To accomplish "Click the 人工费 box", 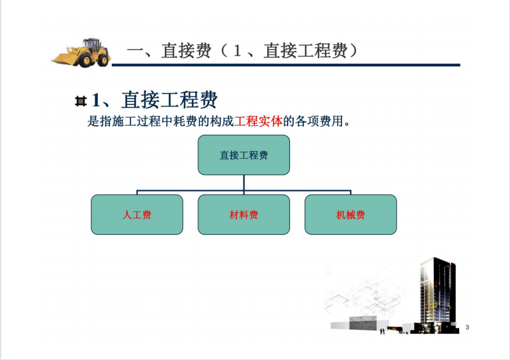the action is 137,214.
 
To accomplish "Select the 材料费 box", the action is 244,214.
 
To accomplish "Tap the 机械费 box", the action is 350,214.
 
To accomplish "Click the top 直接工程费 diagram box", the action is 244,155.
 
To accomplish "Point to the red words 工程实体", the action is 258,121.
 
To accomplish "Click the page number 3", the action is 467,327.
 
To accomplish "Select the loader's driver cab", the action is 91,45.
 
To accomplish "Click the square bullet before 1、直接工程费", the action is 80,101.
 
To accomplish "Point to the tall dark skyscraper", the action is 437,294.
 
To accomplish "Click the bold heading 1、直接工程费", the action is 155,100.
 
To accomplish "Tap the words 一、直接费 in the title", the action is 169,51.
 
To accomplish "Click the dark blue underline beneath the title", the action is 286,65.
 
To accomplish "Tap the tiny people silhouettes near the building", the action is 382,331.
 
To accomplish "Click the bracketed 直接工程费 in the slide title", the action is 305,51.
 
